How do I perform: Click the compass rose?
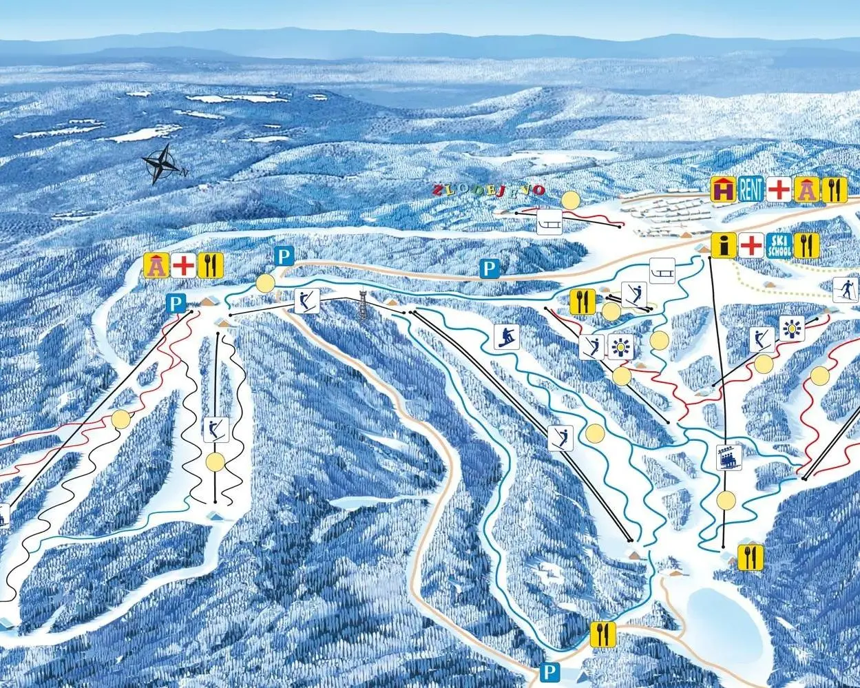coord(162,164)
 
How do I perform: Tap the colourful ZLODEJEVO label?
coord(488,189)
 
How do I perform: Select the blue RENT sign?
coord(751,190)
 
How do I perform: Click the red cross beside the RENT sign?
coord(779,190)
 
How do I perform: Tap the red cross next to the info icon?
coord(751,244)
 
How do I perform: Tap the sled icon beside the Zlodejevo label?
coord(549,222)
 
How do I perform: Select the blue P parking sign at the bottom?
coord(549,671)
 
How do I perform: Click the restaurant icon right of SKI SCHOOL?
coord(806,244)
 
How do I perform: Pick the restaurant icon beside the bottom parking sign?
coord(602,633)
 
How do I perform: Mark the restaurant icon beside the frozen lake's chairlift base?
coord(750,556)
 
